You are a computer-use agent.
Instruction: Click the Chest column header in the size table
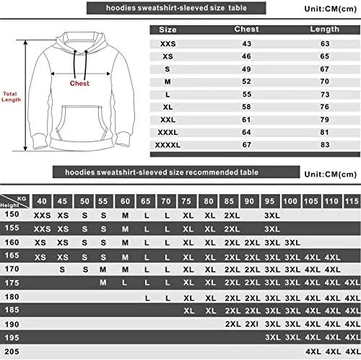point(246,29)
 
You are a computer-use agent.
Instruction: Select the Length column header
point(324,29)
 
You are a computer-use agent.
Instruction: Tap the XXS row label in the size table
point(168,44)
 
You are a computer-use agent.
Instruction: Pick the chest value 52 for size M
point(246,82)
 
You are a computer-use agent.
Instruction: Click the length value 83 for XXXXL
point(325,144)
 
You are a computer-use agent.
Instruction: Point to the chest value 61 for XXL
point(246,120)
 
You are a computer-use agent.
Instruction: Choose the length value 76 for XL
point(324,107)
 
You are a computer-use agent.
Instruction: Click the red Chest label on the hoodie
point(79,83)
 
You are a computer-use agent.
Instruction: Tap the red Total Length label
point(11,97)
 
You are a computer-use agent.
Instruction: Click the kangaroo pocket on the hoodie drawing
point(82,123)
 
